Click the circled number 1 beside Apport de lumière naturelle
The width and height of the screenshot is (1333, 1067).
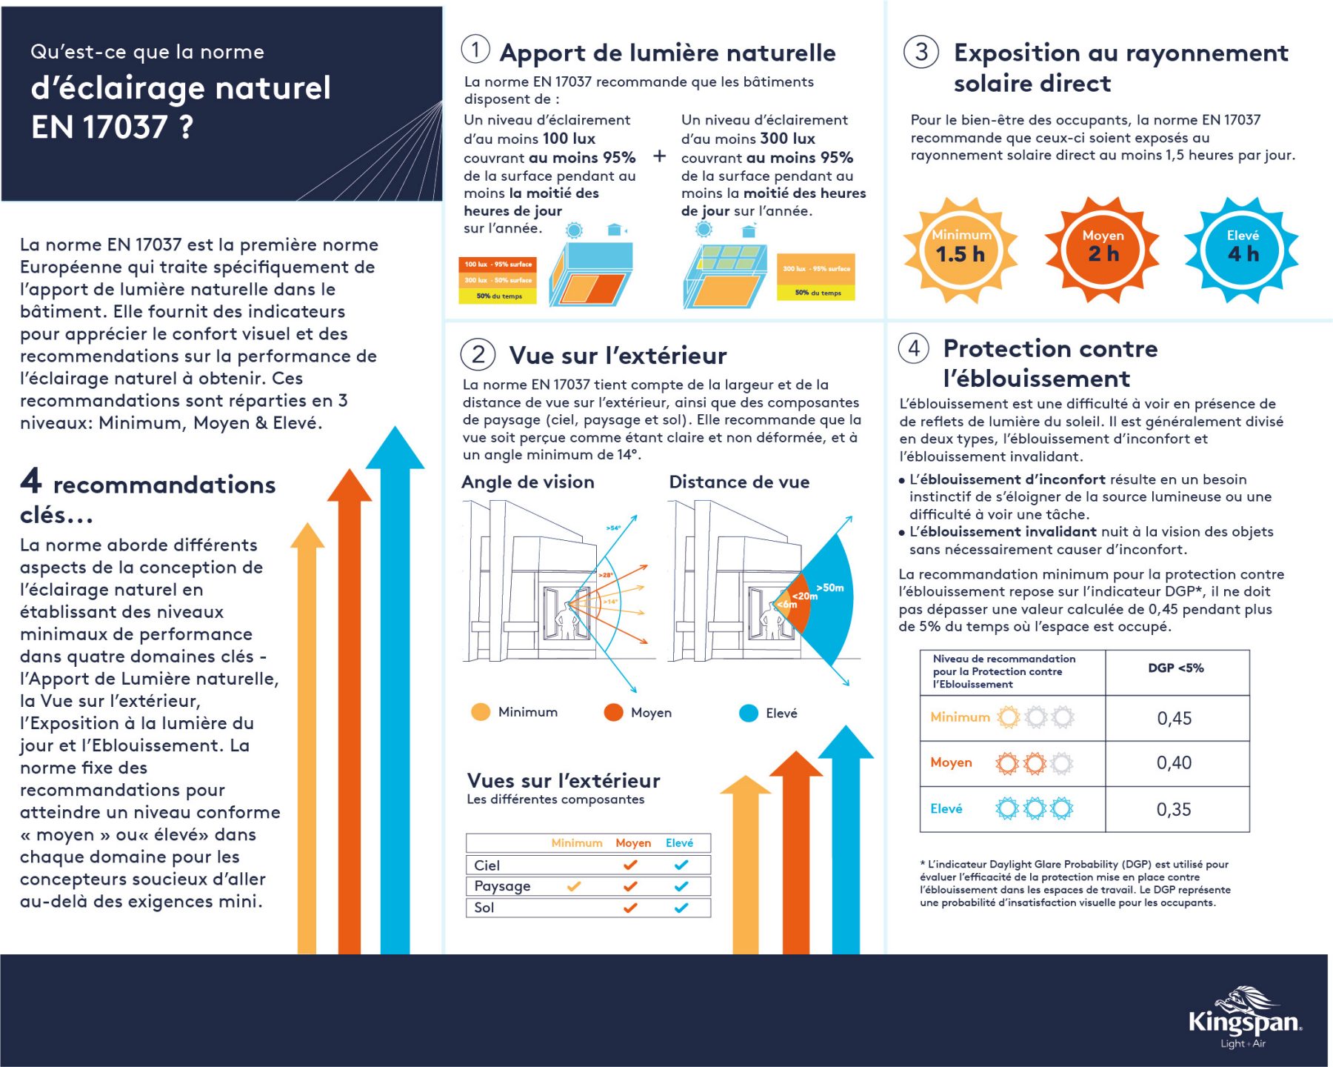point(475,50)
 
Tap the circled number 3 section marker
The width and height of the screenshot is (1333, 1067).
point(921,52)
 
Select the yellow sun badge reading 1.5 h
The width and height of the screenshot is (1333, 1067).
point(961,250)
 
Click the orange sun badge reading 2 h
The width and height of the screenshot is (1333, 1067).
point(1103,250)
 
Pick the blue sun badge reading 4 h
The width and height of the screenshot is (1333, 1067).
point(1242,250)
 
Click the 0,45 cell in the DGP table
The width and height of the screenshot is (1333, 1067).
point(1175,718)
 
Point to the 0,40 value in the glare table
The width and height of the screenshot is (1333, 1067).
point(1175,762)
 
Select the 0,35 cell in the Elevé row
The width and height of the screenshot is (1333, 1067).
point(1175,809)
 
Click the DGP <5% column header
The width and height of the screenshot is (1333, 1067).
point(1176,668)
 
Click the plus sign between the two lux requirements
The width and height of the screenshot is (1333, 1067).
point(659,156)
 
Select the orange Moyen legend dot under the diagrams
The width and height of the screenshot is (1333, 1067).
point(613,712)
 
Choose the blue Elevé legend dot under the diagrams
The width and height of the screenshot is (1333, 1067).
point(749,713)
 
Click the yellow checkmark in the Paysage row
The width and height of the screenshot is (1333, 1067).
point(574,886)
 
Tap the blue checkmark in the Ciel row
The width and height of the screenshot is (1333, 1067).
point(681,865)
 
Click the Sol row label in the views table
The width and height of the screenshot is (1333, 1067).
point(484,908)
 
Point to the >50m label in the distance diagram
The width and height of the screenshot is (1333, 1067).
point(829,588)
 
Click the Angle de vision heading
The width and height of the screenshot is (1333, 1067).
point(528,482)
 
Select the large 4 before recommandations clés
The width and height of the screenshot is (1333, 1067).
point(30,481)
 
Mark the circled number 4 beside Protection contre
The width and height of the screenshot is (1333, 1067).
point(914,348)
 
